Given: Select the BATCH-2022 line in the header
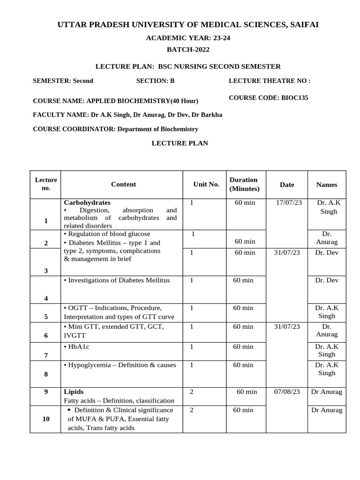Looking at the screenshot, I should tap(188, 50).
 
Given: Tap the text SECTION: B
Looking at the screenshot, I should tap(155, 81).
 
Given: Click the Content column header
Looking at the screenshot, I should tap(123, 184).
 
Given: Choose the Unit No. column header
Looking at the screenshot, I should tap(206, 184).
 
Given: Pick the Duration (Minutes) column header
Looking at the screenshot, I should tap(243, 184).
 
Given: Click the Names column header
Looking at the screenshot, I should tap(326, 185).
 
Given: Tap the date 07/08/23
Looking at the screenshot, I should tap(287, 392).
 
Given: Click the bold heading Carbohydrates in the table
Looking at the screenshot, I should tap(87, 202).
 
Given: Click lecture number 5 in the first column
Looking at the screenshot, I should tap(46, 316).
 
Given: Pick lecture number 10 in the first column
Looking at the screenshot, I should tap(46, 419).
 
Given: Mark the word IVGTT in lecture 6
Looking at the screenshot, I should tap(74, 336).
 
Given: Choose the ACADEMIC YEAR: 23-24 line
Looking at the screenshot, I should tap(188, 38).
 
